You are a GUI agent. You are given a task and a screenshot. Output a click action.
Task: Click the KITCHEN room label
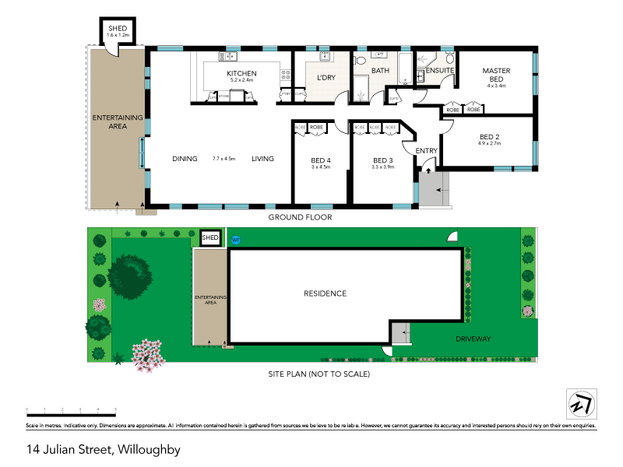[241, 74]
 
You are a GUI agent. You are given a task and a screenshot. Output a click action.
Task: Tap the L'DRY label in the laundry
[326, 77]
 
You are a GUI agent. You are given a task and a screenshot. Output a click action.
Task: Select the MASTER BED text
[496, 75]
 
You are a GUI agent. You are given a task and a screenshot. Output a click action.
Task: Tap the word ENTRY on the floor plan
[426, 151]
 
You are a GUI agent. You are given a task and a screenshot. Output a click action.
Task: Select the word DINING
[185, 159]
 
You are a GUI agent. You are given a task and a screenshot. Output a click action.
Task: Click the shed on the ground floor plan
[122, 33]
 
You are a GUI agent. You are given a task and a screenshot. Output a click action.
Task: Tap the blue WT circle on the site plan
[236, 240]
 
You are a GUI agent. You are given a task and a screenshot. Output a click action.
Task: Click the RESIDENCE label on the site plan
[325, 293]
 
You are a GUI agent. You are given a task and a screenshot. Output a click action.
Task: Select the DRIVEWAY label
[473, 339]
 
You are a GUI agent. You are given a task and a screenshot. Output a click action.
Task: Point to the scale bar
[71, 409]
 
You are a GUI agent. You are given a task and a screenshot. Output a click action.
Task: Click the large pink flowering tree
[148, 354]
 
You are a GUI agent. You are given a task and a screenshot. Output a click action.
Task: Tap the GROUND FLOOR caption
[300, 218]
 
